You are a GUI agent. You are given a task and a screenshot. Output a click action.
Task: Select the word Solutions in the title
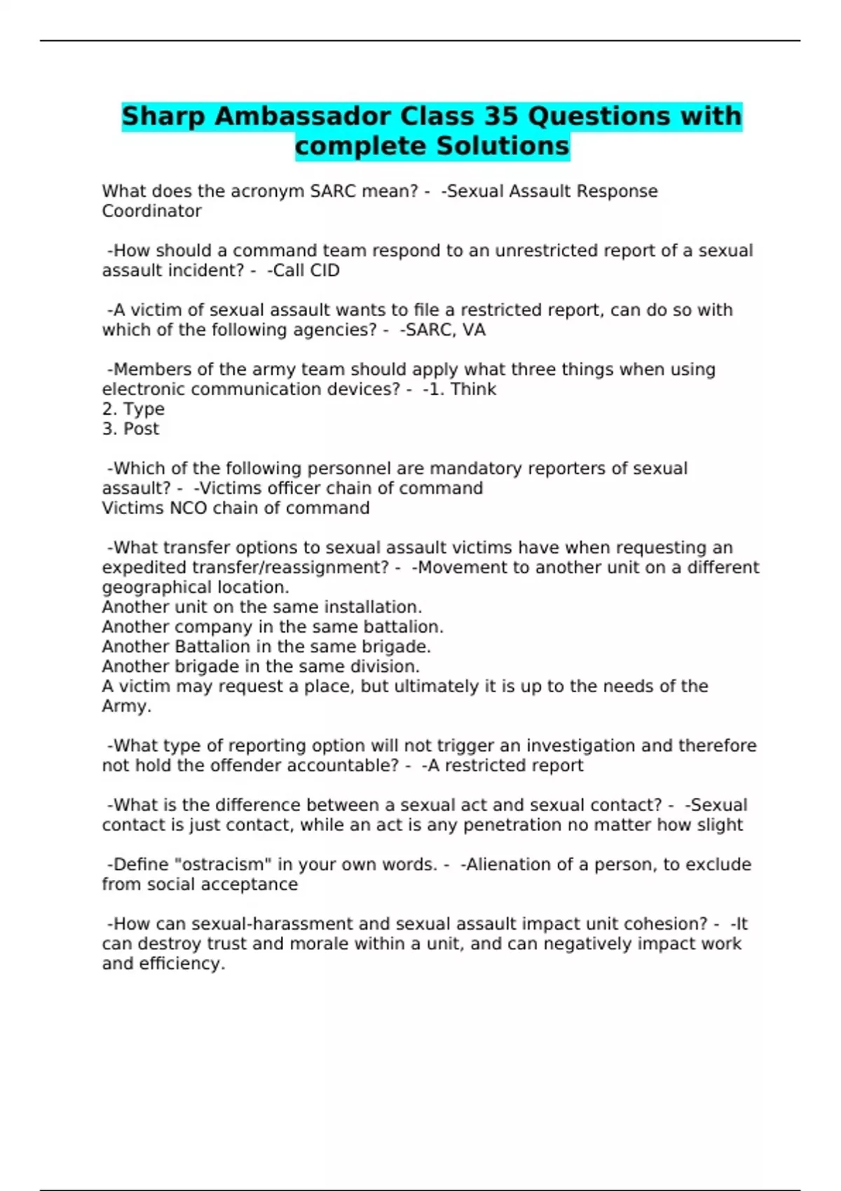click(x=502, y=146)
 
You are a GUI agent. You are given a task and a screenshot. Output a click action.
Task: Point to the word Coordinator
click(x=151, y=211)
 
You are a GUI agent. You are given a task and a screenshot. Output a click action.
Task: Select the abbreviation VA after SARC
click(x=474, y=330)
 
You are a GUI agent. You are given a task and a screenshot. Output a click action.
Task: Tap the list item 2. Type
click(x=133, y=409)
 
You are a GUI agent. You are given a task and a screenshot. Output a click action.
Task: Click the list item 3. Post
click(x=130, y=429)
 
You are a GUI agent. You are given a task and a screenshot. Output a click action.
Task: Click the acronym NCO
click(x=189, y=508)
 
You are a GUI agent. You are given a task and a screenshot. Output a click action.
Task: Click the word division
click(x=387, y=666)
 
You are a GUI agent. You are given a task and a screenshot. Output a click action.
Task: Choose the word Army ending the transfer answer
click(x=126, y=706)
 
